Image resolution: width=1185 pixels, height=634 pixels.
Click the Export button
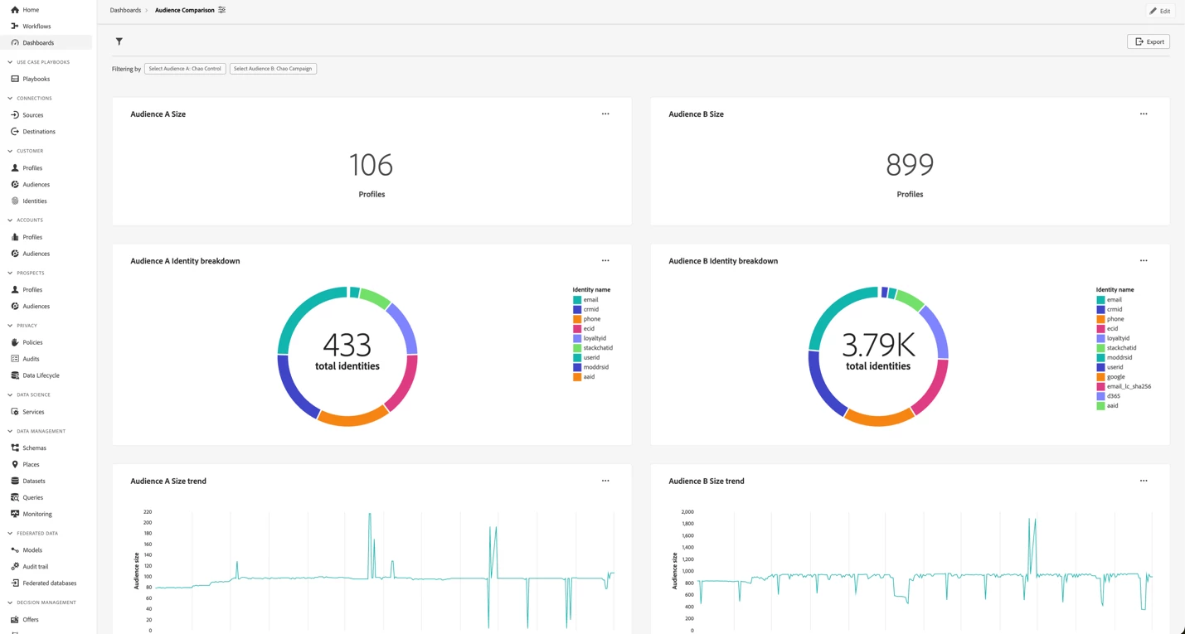click(x=1149, y=41)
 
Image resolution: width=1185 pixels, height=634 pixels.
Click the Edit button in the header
click(x=1159, y=11)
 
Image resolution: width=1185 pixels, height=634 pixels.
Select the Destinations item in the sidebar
click(x=38, y=132)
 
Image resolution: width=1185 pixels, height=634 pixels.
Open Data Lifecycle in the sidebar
click(x=41, y=375)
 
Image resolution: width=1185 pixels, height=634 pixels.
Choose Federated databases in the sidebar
click(x=49, y=583)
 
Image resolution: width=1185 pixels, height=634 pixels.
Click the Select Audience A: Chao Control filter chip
click(x=185, y=69)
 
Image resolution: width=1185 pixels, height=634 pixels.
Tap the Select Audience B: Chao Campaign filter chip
click(x=273, y=69)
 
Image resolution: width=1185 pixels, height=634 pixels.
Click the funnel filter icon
click(x=119, y=41)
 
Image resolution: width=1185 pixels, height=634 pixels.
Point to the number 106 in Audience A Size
click(x=371, y=165)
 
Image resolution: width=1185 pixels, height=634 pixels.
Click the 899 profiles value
click(x=910, y=165)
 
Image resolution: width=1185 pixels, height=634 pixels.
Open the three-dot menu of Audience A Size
click(x=605, y=114)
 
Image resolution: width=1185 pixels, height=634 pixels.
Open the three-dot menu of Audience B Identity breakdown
click(x=1144, y=261)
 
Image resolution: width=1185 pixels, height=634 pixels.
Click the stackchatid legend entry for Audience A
click(x=597, y=348)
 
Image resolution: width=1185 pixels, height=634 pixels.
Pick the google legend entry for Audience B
click(x=1115, y=377)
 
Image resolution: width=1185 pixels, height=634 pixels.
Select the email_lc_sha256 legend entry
click(x=1128, y=386)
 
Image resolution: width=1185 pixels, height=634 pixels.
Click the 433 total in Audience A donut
click(x=347, y=345)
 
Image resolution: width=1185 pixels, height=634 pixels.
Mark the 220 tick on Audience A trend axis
click(x=148, y=512)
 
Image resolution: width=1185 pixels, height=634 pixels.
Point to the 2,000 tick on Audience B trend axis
click(x=687, y=512)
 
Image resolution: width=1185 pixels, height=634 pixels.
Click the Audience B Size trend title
click(x=706, y=481)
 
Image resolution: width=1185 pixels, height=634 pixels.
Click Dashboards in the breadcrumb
click(x=125, y=11)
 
